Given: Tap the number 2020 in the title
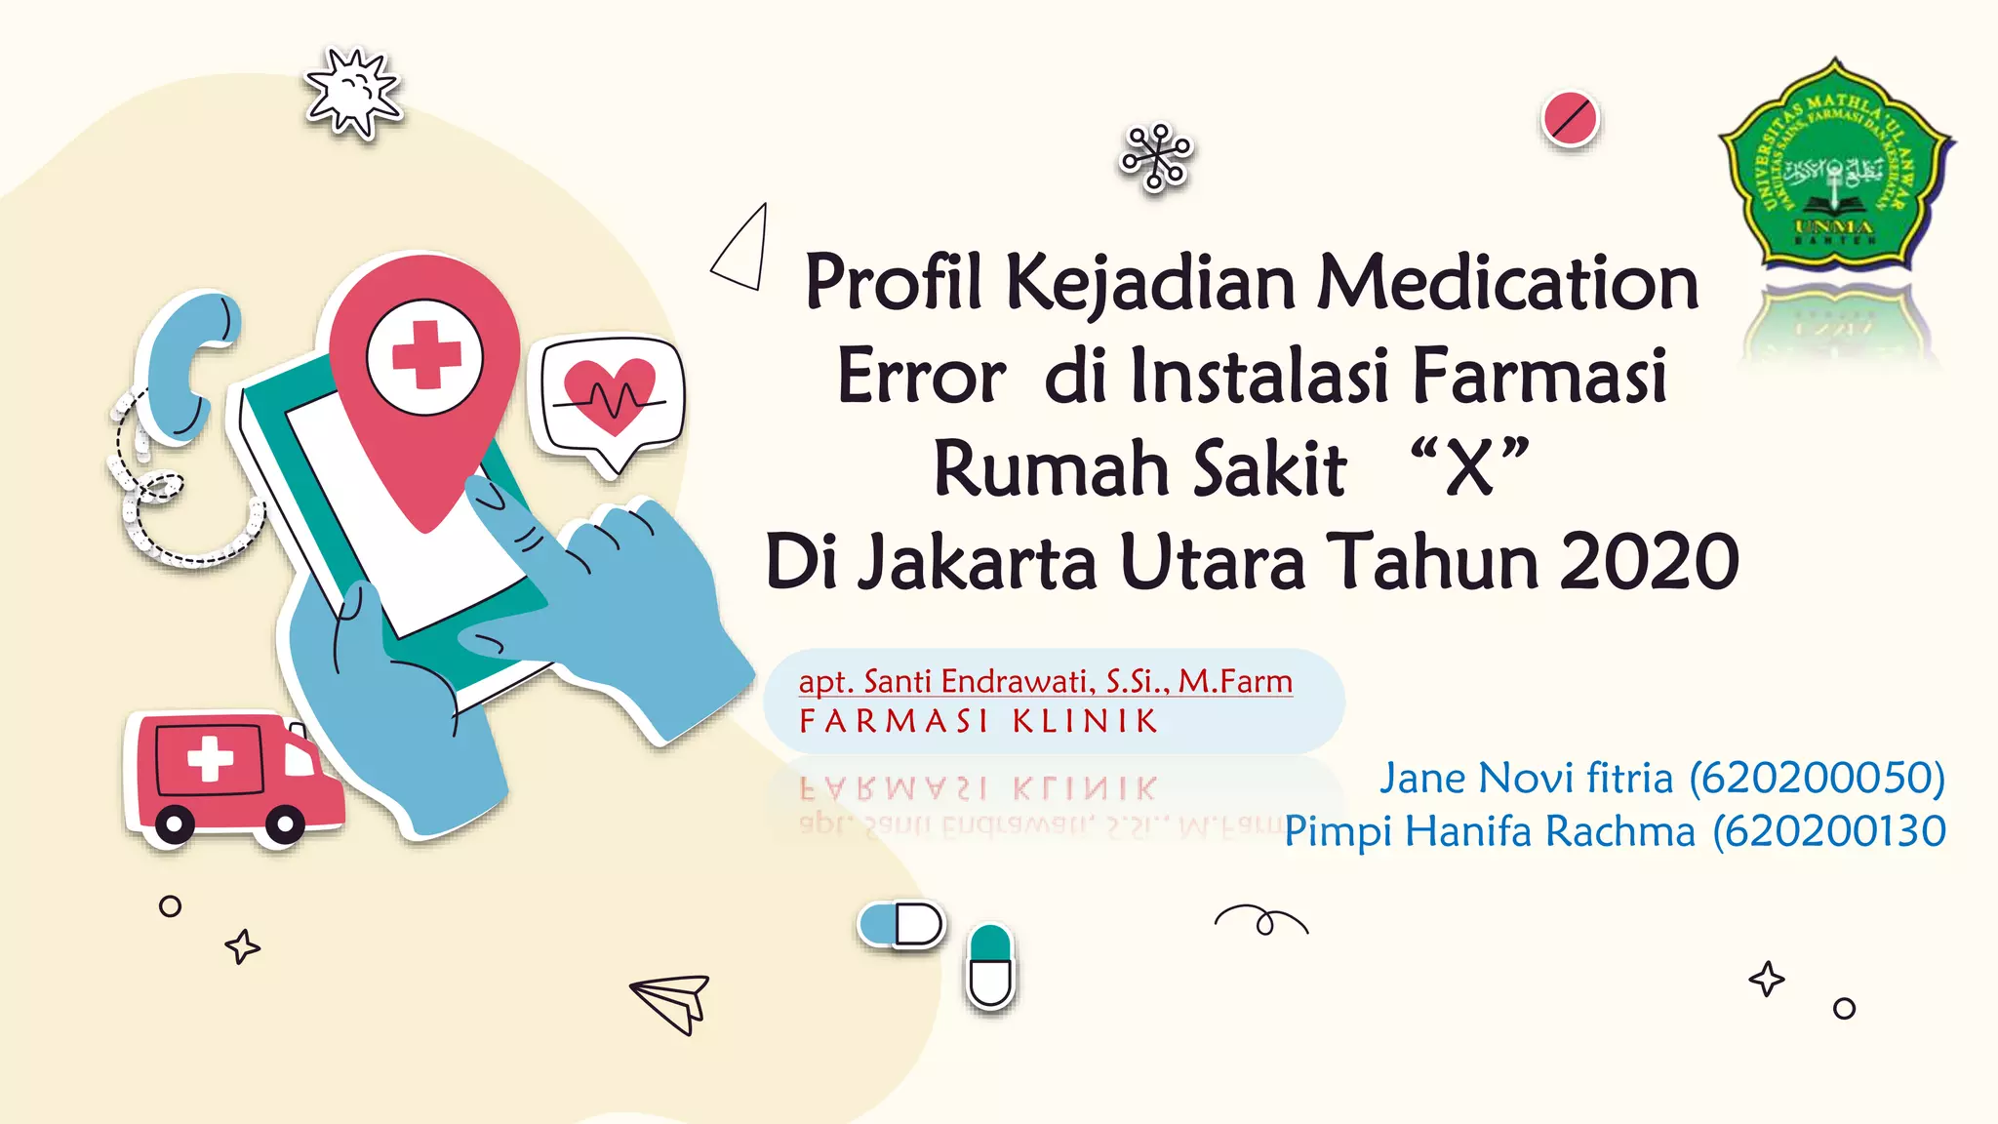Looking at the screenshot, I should (x=1649, y=562).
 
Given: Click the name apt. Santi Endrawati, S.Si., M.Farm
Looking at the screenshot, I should (x=1045, y=681).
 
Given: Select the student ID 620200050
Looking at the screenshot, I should (x=1818, y=779).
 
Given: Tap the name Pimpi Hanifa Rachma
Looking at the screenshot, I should (x=1490, y=832).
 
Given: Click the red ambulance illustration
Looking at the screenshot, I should (x=234, y=776).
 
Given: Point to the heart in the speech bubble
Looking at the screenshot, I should (x=610, y=392).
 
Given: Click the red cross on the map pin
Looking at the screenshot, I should (x=425, y=356).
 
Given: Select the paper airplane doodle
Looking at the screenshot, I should (x=672, y=1001).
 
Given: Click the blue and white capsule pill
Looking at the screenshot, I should (x=901, y=924).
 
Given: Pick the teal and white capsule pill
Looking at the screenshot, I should (x=990, y=967).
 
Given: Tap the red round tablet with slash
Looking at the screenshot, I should (x=1570, y=119).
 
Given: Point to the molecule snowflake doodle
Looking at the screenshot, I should (x=1156, y=156).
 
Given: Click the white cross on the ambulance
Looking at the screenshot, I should (x=210, y=758).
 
